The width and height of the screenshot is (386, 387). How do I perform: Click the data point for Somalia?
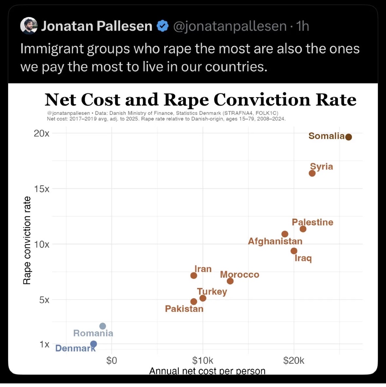(348, 137)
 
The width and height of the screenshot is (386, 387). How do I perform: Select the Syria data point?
(312, 173)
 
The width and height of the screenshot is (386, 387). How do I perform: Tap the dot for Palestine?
(303, 229)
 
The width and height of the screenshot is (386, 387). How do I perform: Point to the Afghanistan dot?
(285, 234)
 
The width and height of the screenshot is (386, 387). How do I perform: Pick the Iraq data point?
(294, 251)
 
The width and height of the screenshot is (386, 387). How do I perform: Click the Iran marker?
(194, 275)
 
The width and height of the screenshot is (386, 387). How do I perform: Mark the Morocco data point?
(230, 281)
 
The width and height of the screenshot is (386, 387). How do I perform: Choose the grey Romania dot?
(102, 326)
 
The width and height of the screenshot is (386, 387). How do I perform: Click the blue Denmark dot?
(94, 344)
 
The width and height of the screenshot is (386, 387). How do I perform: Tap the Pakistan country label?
(184, 309)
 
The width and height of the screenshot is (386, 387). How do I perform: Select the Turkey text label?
(212, 291)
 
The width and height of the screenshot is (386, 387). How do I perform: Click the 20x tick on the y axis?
(42, 133)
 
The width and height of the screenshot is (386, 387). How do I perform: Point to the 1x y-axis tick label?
(44, 344)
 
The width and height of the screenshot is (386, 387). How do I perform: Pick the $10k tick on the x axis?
(203, 361)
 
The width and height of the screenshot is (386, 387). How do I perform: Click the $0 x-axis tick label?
(112, 361)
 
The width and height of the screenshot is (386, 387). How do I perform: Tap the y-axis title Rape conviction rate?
(27, 240)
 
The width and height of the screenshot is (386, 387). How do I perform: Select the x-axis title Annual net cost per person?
(207, 371)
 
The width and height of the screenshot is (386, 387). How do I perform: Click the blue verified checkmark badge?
(163, 26)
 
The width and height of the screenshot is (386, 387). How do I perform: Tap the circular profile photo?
(29, 26)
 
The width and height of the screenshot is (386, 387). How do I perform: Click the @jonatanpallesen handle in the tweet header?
(230, 26)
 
